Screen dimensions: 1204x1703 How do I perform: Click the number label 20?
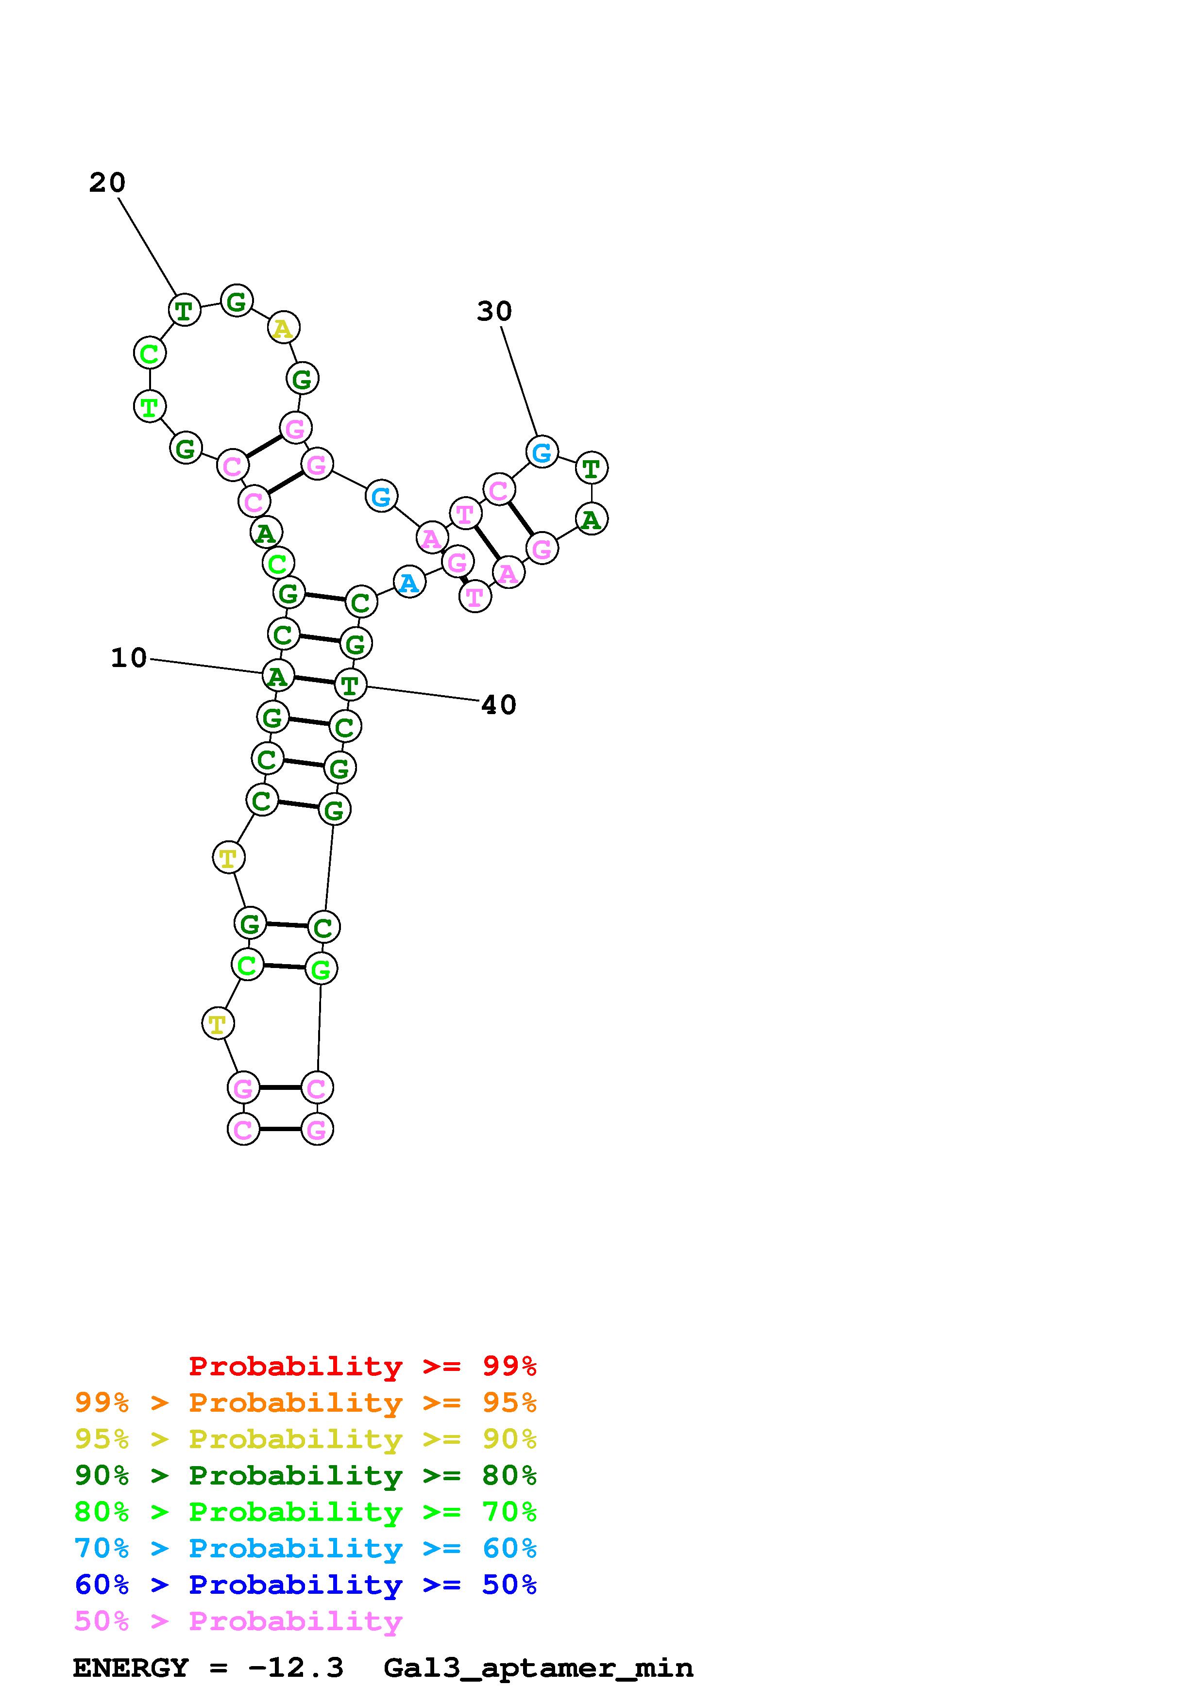107,183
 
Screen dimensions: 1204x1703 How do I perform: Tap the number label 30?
494,312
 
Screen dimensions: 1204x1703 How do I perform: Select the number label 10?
129,658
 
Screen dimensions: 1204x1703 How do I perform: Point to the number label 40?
498,704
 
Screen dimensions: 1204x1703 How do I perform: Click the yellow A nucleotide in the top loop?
283,328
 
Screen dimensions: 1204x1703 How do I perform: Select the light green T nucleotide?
149,406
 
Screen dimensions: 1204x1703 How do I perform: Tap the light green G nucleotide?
321,968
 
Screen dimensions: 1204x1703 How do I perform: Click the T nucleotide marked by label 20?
184,309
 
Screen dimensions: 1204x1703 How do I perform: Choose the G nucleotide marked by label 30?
542,451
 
